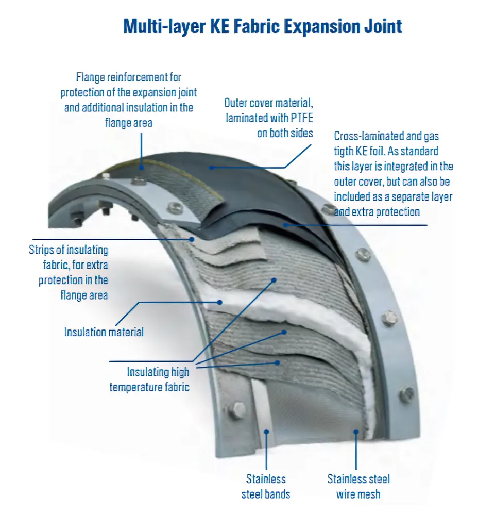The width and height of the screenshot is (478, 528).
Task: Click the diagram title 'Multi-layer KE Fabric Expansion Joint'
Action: click(x=263, y=25)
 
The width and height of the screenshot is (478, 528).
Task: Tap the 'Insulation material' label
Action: click(x=104, y=332)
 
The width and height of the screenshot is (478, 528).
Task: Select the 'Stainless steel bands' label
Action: click(x=266, y=486)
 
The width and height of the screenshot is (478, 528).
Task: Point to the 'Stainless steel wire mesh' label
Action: click(x=358, y=486)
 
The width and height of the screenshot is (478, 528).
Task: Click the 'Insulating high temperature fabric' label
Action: click(x=149, y=379)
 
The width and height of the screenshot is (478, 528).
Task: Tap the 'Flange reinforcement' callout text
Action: click(x=128, y=100)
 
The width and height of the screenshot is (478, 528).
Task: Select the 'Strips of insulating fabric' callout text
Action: click(x=69, y=272)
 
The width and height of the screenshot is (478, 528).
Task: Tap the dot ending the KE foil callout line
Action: click(x=284, y=225)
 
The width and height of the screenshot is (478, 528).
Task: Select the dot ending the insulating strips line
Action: click(x=192, y=239)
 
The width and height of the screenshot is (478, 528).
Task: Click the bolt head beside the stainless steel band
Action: click(x=238, y=410)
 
